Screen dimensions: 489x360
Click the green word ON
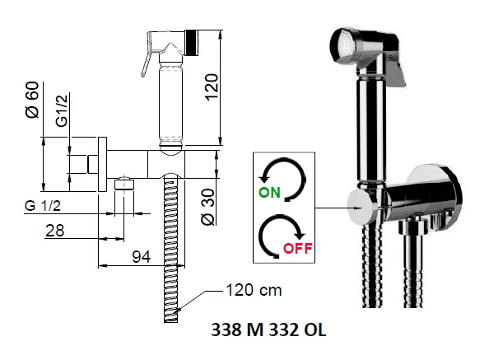click(269, 192)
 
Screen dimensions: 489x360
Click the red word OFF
click(297, 248)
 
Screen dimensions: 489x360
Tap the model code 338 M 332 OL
click(268, 330)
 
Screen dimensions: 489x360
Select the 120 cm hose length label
click(254, 290)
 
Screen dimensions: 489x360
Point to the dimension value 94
click(142, 256)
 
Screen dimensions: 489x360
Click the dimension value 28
click(55, 231)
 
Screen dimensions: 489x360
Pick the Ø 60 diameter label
click(33, 100)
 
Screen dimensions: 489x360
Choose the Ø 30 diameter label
click(208, 207)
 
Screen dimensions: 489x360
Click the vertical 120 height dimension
click(212, 87)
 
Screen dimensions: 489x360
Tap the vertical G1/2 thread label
click(62, 110)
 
